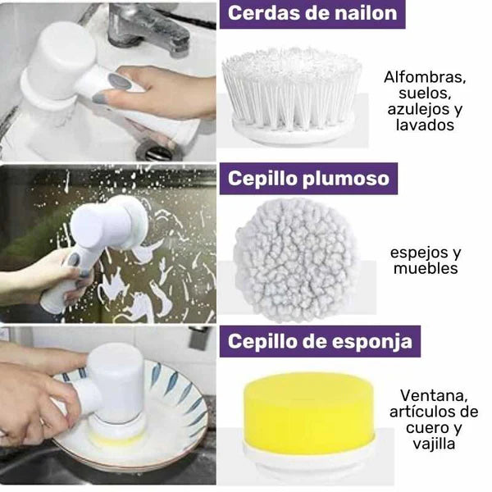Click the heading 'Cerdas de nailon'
coord(312,14)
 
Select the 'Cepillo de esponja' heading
coord(319,340)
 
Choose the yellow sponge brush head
coord(309,414)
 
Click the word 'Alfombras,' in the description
coord(425,78)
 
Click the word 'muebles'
coord(426,268)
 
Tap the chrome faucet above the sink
coord(152,25)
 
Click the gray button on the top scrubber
coord(120,82)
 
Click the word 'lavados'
coord(425,125)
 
